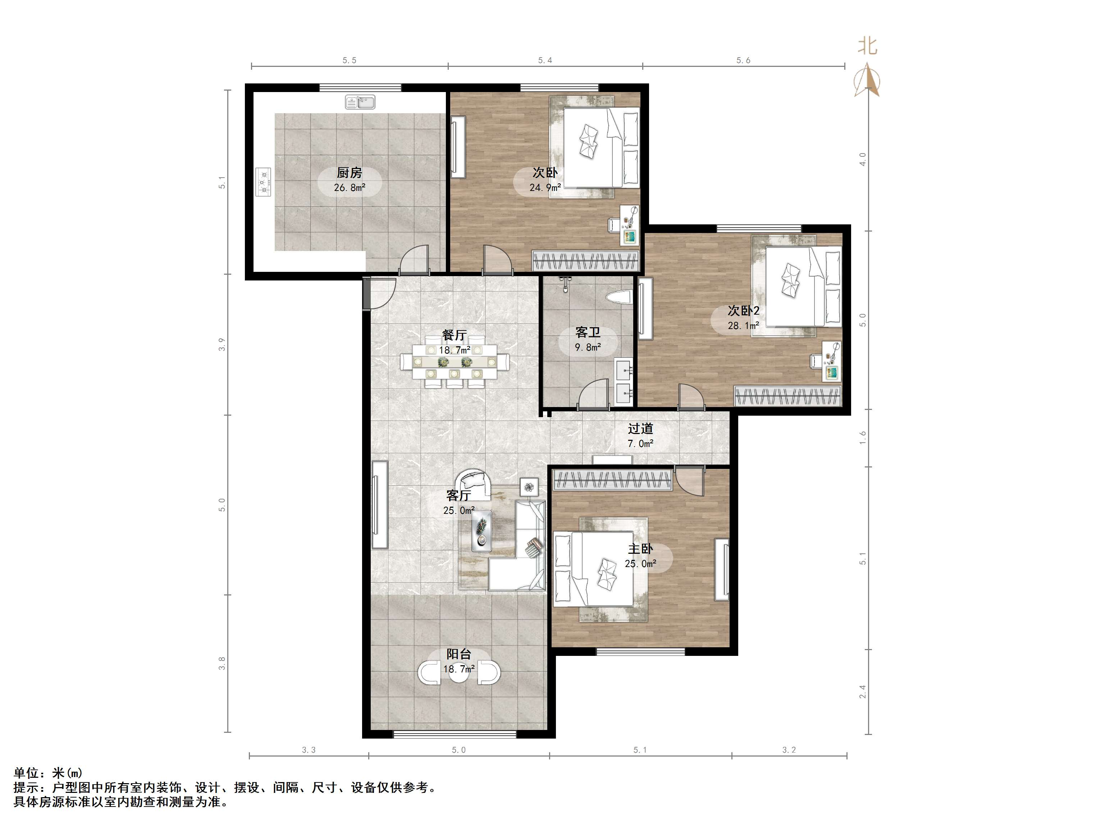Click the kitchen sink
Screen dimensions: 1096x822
click(x=360, y=102)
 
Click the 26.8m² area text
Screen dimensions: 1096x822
click(x=350, y=188)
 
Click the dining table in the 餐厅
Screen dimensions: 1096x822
click(x=455, y=363)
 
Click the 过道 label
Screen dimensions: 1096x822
click(x=641, y=428)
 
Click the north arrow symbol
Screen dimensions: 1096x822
click(x=867, y=79)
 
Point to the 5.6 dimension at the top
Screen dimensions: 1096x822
click(x=743, y=60)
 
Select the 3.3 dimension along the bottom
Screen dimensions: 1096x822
click(x=309, y=750)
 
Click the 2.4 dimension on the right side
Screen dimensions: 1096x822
click(x=863, y=692)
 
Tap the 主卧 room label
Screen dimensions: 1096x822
click(x=641, y=548)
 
